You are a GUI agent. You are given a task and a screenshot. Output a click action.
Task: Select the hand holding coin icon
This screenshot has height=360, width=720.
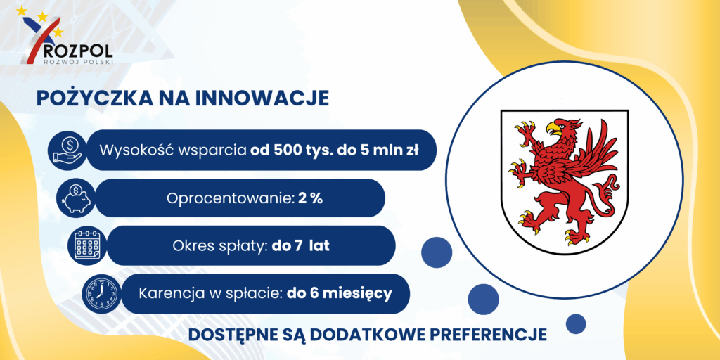point(67,150)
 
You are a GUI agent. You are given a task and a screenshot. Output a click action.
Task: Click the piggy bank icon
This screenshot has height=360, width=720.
point(75,198)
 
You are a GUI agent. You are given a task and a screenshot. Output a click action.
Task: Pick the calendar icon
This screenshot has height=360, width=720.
point(86,245)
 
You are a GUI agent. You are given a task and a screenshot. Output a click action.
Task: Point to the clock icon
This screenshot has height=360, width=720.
point(100,293)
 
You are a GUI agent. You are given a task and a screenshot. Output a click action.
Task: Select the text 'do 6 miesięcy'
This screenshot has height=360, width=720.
point(340,293)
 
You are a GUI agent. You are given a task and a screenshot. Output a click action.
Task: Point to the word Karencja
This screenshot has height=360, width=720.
point(167,293)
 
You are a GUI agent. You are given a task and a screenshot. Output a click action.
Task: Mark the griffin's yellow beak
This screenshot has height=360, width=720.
point(553,127)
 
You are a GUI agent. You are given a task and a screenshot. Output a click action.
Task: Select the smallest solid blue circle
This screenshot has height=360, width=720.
point(576,323)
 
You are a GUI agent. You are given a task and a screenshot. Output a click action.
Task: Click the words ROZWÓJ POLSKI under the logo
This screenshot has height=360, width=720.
point(77,61)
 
